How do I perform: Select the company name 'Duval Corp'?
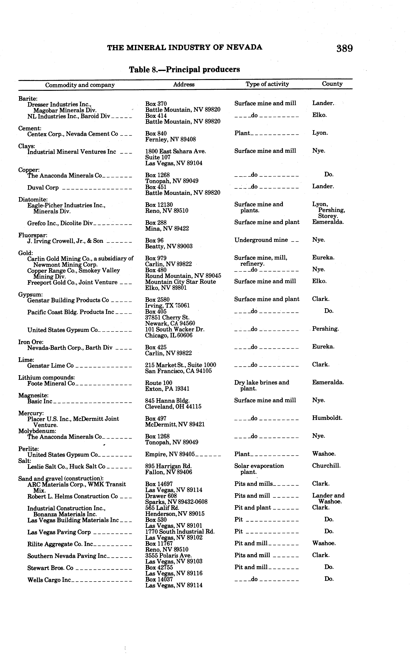point(43,188)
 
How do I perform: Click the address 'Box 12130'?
point(159,205)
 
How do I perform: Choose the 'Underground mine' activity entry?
point(261,240)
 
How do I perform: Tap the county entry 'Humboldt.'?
point(327,418)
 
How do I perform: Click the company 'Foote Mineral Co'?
point(51,384)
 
